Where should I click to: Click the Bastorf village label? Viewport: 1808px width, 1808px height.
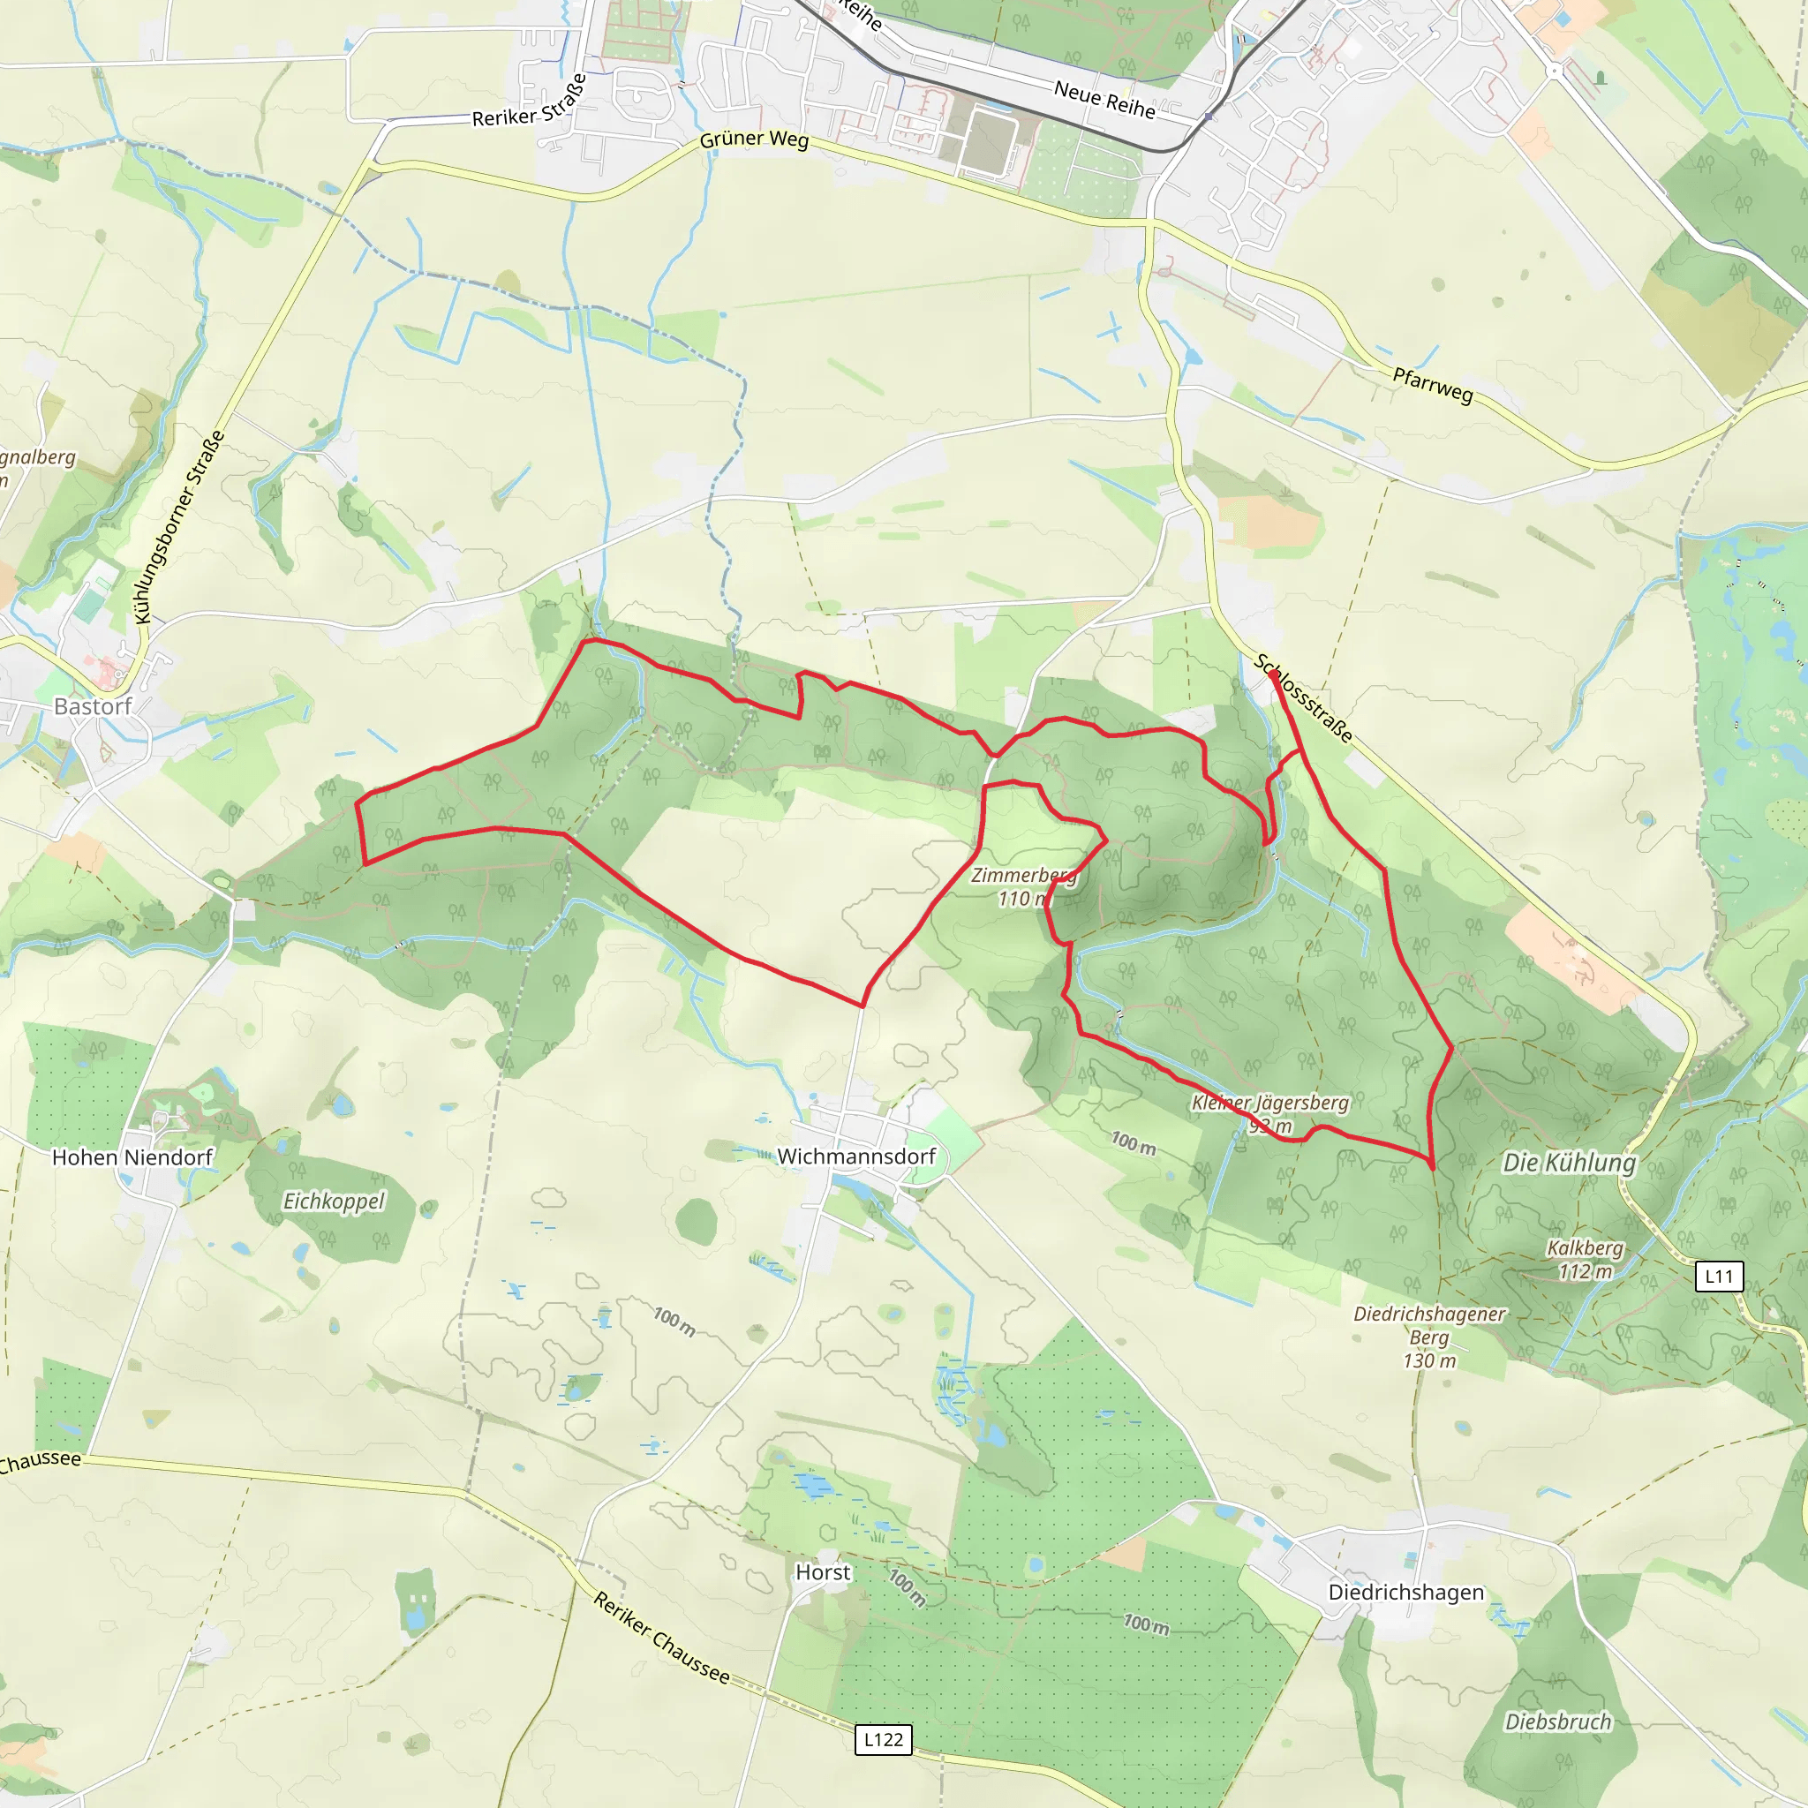pyautogui.click(x=93, y=706)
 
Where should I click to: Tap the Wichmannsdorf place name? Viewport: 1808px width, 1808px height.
pyautogui.click(x=856, y=1156)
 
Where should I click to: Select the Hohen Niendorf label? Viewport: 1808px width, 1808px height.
pyautogui.click(x=132, y=1157)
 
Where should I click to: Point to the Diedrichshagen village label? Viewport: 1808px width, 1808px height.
pyautogui.click(x=1405, y=1593)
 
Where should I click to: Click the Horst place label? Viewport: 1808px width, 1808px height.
pyautogui.click(x=823, y=1572)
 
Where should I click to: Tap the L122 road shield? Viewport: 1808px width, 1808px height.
pyautogui.click(x=884, y=1740)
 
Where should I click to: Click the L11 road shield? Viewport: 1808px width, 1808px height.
pyautogui.click(x=1719, y=1276)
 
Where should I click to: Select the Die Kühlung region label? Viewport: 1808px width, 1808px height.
pyautogui.click(x=1570, y=1164)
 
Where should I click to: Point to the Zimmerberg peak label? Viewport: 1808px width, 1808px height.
pyautogui.click(x=1023, y=886)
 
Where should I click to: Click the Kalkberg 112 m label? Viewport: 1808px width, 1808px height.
pyautogui.click(x=1586, y=1260)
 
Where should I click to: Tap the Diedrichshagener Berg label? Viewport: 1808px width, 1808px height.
pyautogui.click(x=1429, y=1337)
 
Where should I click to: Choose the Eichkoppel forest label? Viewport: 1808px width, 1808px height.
pyautogui.click(x=334, y=1202)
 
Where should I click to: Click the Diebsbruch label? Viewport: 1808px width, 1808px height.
pyautogui.click(x=1558, y=1721)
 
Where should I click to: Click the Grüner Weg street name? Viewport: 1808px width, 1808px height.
pyautogui.click(x=754, y=139)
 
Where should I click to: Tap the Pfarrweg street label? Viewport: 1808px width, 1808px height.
pyautogui.click(x=1433, y=385)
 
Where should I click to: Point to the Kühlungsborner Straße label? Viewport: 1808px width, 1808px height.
pyautogui.click(x=180, y=527)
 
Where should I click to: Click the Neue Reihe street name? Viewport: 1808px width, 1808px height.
pyautogui.click(x=1104, y=99)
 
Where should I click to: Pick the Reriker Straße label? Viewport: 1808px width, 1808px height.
pyautogui.click(x=531, y=103)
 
